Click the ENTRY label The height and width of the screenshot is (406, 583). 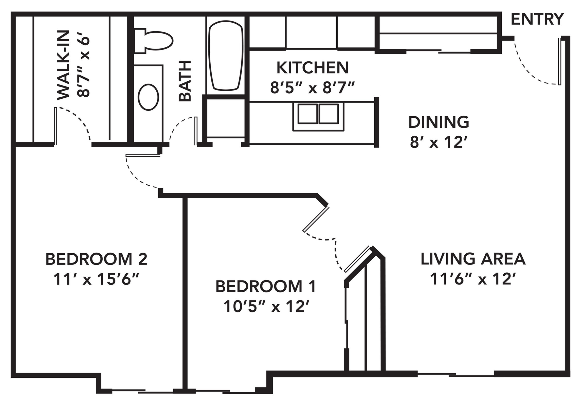(x=537, y=20)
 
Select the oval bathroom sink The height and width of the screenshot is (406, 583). (x=149, y=97)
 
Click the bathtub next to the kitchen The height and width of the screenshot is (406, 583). (x=226, y=55)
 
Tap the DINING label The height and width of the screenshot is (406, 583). (x=439, y=122)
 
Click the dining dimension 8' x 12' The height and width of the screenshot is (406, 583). (x=439, y=143)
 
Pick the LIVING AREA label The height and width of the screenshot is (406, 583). (x=473, y=259)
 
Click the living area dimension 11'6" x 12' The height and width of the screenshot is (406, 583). (x=473, y=280)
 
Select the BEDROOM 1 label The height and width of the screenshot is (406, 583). (x=266, y=287)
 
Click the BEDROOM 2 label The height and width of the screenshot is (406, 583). (x=97, y=259)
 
